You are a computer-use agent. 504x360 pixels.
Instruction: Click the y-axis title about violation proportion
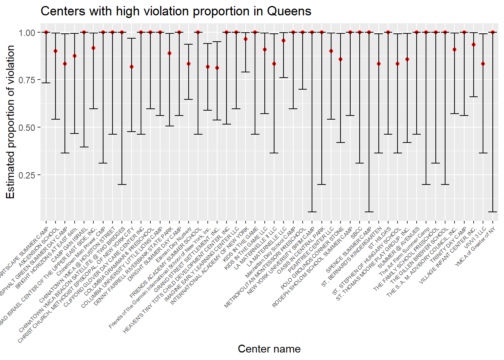(x=10, y=122)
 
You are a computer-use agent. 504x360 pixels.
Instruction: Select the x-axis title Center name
(x=269, y=349)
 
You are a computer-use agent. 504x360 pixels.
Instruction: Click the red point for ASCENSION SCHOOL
(x=55, y=51)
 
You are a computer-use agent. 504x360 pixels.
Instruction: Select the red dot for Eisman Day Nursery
(x=189, y=64)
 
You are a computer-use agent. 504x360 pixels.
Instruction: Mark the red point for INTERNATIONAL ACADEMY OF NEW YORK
(x=246, y=39)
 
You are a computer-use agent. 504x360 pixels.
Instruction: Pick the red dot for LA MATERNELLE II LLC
(x=274, y=64)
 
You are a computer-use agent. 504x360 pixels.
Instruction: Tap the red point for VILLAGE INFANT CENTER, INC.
(x=474, y=45)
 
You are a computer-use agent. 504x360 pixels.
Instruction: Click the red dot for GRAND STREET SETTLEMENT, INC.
(x=217, y=68)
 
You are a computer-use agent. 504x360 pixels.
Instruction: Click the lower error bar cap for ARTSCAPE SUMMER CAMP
(x=46, y=83)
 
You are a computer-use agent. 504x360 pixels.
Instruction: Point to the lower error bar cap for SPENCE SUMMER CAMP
(x=369, y=212)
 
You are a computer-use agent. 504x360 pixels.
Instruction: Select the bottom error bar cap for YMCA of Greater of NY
(x=493, y=212)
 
